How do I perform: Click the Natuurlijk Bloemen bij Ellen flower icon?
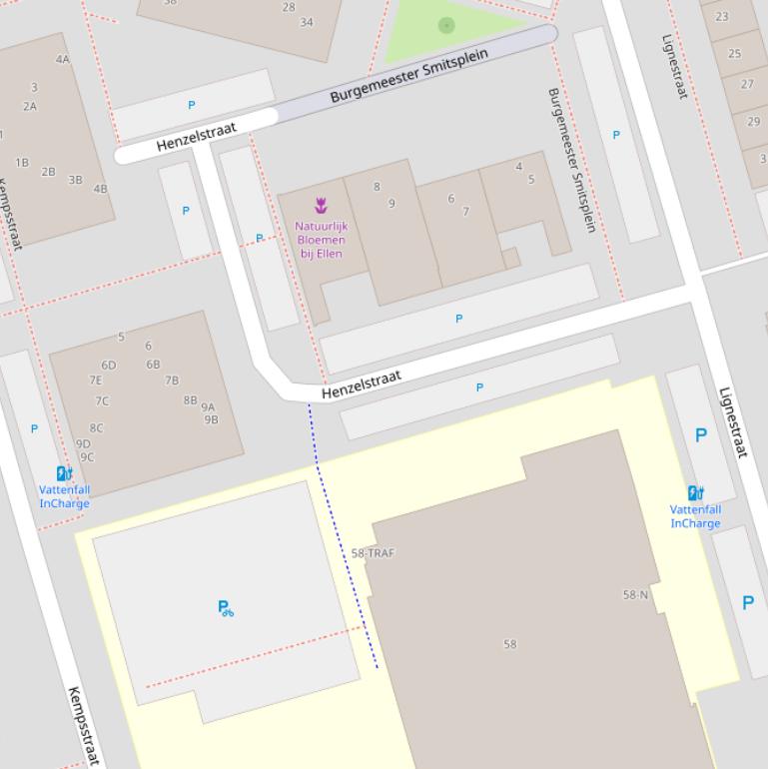321,206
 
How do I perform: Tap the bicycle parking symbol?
226,607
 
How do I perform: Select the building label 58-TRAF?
373,553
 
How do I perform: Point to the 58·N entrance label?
635,595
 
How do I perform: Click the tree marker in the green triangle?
446,25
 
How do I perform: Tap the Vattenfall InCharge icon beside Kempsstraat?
64,473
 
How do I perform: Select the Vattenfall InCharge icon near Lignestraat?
695,492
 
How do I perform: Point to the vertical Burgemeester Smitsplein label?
571,160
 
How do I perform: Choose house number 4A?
63,60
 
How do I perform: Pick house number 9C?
87,458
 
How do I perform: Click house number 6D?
108,366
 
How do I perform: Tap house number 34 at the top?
307,22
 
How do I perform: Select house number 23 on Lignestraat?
721,17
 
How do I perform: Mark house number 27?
747,85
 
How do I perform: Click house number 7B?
172,381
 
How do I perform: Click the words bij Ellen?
321,254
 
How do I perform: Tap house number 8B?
190,400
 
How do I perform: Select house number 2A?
30,107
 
